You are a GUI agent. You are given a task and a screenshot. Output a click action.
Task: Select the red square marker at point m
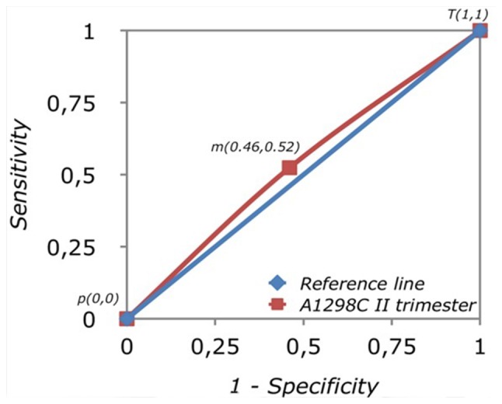click(289, 167)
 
